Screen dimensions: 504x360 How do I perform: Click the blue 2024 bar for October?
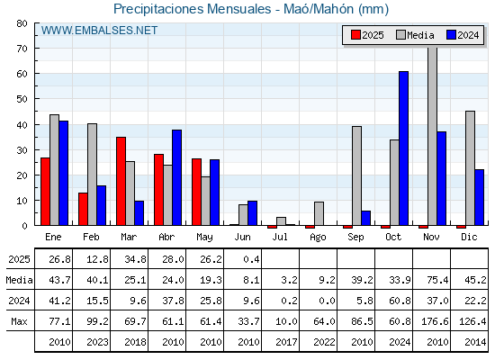pos(404,148)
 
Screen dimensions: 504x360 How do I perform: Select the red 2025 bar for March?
pos(121,181)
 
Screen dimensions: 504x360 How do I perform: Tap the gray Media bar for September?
pos(356,175)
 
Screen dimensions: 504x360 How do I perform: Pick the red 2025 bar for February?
pos(83,209)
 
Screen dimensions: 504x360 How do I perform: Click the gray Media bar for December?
pos(470,168)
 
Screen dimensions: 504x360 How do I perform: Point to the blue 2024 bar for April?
pos(176,177)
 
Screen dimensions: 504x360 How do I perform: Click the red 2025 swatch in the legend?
pos(355,35)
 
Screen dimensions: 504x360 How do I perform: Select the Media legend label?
pos(420,35)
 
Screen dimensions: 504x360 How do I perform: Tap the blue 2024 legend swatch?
pos(451,35)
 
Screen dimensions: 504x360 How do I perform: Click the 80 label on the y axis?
pos(22,23)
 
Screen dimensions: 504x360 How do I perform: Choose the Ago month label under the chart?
pos(318,238)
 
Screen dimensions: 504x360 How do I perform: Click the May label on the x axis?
pos(204,238)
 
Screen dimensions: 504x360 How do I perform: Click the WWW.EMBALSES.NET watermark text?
pos(99,31)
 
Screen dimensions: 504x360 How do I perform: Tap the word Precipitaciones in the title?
pos(158,9)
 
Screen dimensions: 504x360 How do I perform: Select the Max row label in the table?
pos(19,321)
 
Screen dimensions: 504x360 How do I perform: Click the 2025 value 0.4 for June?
pos(251,259)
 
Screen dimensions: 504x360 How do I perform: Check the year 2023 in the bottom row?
pos(97,342)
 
